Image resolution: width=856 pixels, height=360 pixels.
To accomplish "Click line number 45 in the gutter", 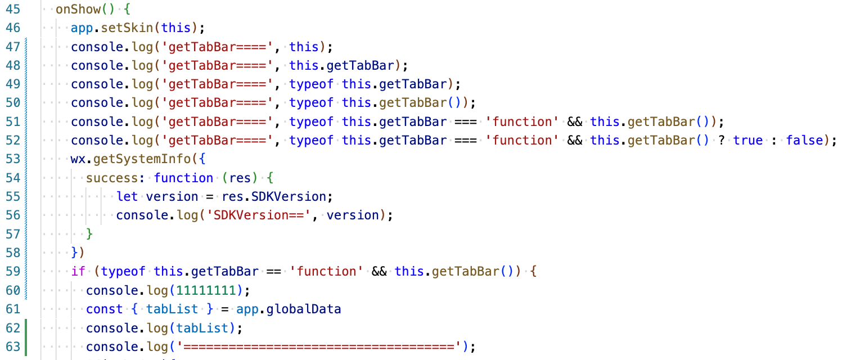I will point(12,10).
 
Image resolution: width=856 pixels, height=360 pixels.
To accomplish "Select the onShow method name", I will point(78,10).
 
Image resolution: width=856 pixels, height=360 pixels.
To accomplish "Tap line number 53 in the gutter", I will point(12,159).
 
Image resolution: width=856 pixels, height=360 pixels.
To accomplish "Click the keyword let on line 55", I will point(127,197).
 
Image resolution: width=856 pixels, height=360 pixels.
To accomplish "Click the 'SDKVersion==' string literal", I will point(259,215).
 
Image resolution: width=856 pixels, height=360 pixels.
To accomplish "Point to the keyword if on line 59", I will point(78,272).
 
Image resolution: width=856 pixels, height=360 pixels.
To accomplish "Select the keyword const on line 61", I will point(105,309).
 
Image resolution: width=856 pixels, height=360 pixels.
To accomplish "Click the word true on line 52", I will point(748,141).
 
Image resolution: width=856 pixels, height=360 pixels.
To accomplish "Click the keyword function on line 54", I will point(183,178).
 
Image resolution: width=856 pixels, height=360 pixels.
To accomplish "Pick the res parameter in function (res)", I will point(240,178).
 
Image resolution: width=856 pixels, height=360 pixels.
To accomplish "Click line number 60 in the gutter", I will point(12,290).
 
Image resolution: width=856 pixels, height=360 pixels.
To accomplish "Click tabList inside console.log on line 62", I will point(202,328).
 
